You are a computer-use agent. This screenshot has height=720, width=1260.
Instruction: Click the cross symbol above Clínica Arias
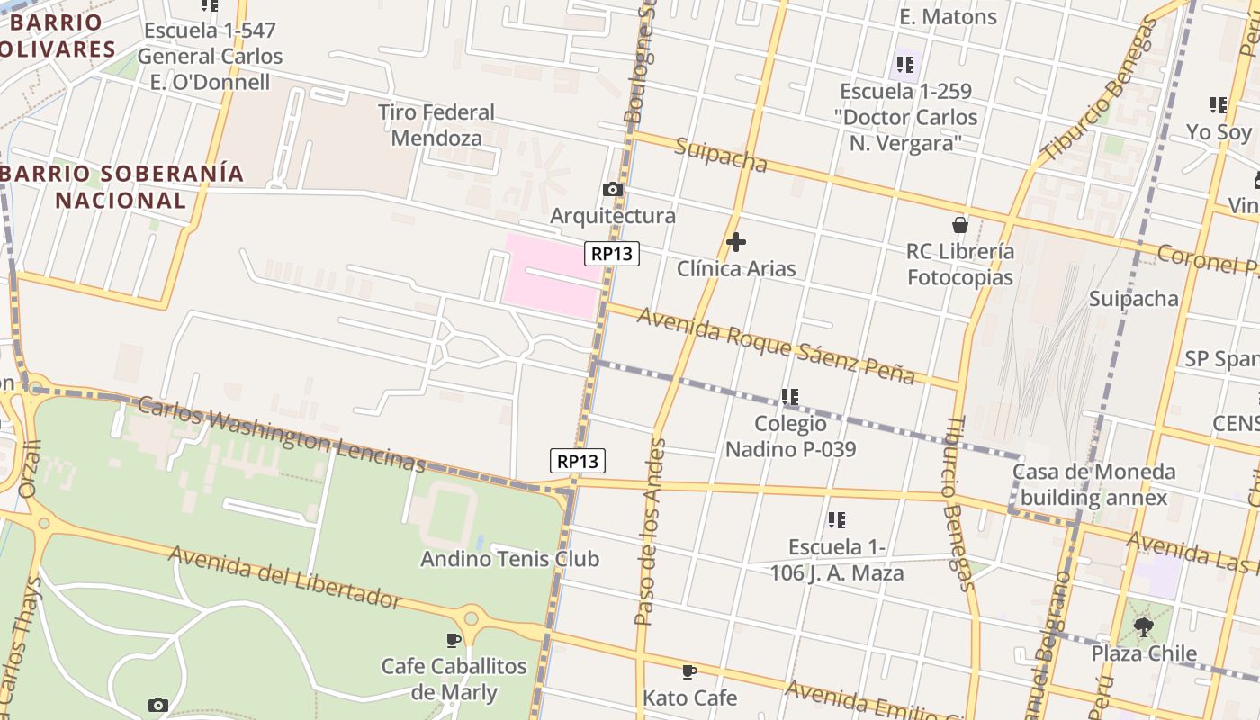[736, 242]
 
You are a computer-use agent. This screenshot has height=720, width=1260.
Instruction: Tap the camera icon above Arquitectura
[613, 189]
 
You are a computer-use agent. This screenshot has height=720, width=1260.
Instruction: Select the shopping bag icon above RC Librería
[960, 225]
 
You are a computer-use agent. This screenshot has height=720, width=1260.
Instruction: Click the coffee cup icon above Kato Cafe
[689, 671]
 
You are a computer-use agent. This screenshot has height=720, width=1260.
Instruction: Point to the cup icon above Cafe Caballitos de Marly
[454, 640]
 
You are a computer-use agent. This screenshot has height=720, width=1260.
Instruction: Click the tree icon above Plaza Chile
[1144, 625]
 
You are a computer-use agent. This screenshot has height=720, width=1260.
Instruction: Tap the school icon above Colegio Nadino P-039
[790, 396]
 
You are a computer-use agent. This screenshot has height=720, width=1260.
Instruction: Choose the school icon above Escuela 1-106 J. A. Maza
[837, 519]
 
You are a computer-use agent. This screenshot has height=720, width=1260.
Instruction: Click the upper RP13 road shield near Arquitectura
[613, 254]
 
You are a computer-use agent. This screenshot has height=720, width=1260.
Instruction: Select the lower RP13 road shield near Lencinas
[578, 461]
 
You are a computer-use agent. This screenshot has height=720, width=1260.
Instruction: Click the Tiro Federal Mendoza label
[436, 125]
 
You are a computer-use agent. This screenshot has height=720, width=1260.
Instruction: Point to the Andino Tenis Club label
[509, 559]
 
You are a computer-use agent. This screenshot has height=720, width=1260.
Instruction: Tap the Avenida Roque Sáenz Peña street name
[776, 345]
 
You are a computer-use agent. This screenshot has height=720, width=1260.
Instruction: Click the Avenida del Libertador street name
[285, 576]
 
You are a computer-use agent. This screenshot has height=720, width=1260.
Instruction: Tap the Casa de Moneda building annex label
[1093, 484]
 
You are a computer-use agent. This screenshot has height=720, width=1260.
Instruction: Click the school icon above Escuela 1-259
[905, 65]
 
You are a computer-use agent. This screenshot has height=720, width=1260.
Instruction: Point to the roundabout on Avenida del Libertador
[470, 618]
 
